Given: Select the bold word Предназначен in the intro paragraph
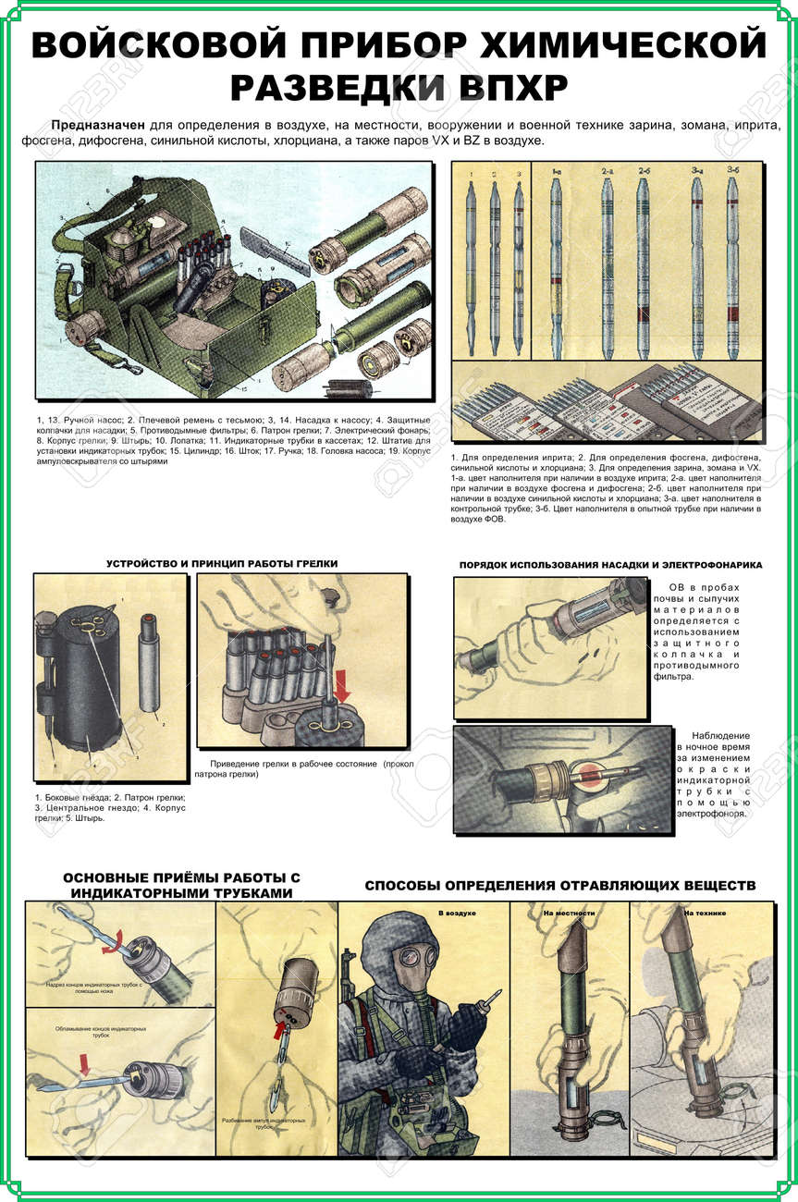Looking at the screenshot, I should point(95,126).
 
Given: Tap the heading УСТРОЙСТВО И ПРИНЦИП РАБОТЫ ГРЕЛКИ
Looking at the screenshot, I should point(222,563).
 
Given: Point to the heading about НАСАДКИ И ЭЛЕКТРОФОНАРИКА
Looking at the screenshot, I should point(610,564).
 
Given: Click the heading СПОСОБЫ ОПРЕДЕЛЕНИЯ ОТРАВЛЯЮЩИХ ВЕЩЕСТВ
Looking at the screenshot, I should point(559,886).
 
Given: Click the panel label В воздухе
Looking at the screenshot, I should point(457,913).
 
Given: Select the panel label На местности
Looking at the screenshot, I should point(570,913).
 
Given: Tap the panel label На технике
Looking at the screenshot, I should point(705,913).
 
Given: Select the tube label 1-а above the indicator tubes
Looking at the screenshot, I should point(556,172).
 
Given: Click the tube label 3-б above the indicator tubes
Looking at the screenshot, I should point(732,172).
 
